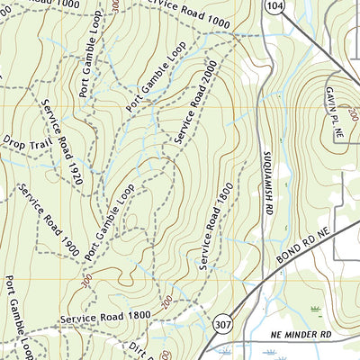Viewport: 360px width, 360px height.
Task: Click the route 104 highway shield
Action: click(274, 7)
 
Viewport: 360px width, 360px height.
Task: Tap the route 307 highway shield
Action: click(220, 323)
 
